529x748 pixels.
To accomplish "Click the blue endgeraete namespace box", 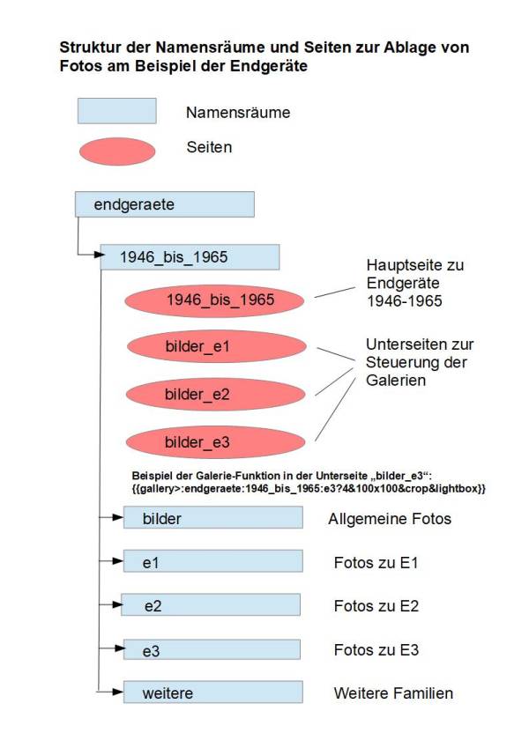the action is tap(165, 204).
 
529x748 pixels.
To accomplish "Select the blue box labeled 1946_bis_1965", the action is tap(190, 257).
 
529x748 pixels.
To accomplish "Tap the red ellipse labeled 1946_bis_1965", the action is tap(214, 300).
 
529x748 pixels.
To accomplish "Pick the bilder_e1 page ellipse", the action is tap(216, 346).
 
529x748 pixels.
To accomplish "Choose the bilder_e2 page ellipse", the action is tap(215, 395).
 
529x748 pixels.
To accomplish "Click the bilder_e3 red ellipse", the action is tap(215, 442).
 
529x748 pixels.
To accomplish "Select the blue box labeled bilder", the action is tap(213, 517).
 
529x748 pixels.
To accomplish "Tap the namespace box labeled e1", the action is tap(213, 561).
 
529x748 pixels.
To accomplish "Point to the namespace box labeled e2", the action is tap(211, 604).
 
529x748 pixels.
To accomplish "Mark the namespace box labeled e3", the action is tap(212, 649).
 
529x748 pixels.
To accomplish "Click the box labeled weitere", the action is tap(213, 692).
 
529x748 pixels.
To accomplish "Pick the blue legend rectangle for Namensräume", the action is tap(117, 111).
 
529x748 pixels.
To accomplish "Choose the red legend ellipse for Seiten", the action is tap(117, 152).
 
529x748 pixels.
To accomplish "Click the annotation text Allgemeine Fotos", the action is tap(390, 519).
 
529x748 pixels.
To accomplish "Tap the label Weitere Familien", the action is tap(393, 693).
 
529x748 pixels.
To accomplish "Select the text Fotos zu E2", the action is tap(376, 606).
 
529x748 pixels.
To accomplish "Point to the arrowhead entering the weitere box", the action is tap(118, 692).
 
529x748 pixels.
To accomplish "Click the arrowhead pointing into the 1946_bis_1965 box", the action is tap(100, 255).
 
